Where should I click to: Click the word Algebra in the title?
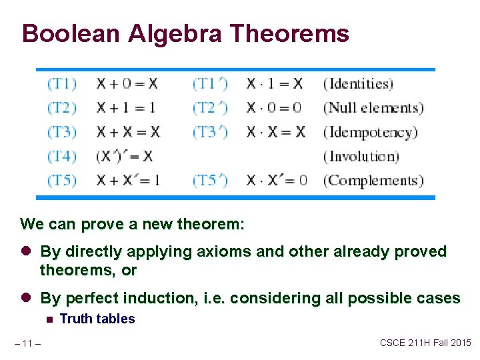pos(175,34)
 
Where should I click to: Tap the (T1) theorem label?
pos(62,83)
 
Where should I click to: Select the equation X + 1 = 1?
pos(126,108)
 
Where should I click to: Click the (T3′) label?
pos(210,132)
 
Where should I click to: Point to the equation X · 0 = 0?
pos(274,108)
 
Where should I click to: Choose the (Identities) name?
pos(358,84)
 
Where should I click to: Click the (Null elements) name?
pos(373,108)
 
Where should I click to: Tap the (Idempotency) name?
pos(371,133)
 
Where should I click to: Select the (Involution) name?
pos(361,157)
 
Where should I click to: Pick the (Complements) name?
pos(373,181)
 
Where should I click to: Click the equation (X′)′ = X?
pos(124,157)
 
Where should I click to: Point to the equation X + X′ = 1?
pos(128,180)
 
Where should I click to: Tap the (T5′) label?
pos(210,181)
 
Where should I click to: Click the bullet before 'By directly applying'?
pos(26,251)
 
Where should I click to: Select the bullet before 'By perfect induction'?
pos(26,297)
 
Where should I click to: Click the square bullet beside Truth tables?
pos(49,320)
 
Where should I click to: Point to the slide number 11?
pos(27,344)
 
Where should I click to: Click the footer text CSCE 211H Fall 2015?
pos(425,343)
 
